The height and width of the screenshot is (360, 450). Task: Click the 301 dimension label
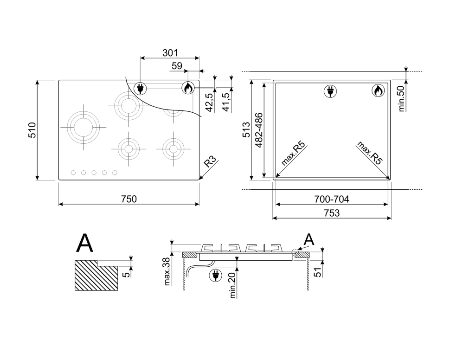170,53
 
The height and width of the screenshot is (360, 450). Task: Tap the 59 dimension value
177,66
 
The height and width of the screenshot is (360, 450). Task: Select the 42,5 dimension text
210,103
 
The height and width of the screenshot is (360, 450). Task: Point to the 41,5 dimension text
226,102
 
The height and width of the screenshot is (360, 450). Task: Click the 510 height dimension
32,130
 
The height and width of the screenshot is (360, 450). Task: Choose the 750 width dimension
129,199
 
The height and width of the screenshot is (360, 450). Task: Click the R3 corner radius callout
210,162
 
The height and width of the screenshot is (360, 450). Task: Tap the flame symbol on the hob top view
188,88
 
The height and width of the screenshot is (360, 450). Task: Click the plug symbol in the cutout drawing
330,91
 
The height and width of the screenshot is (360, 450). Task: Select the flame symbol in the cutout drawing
378,91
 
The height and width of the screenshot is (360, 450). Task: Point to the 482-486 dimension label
259,130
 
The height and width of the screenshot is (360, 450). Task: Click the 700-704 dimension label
332,199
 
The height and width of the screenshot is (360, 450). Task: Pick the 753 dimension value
332,213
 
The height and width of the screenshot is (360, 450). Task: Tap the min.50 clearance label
401,98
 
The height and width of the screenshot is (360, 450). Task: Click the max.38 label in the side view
167,271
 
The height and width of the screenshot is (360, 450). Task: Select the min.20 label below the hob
232,285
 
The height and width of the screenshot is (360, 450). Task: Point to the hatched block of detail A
96,276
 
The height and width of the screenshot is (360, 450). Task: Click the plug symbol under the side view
215,275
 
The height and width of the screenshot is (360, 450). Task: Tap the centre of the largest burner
84,127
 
